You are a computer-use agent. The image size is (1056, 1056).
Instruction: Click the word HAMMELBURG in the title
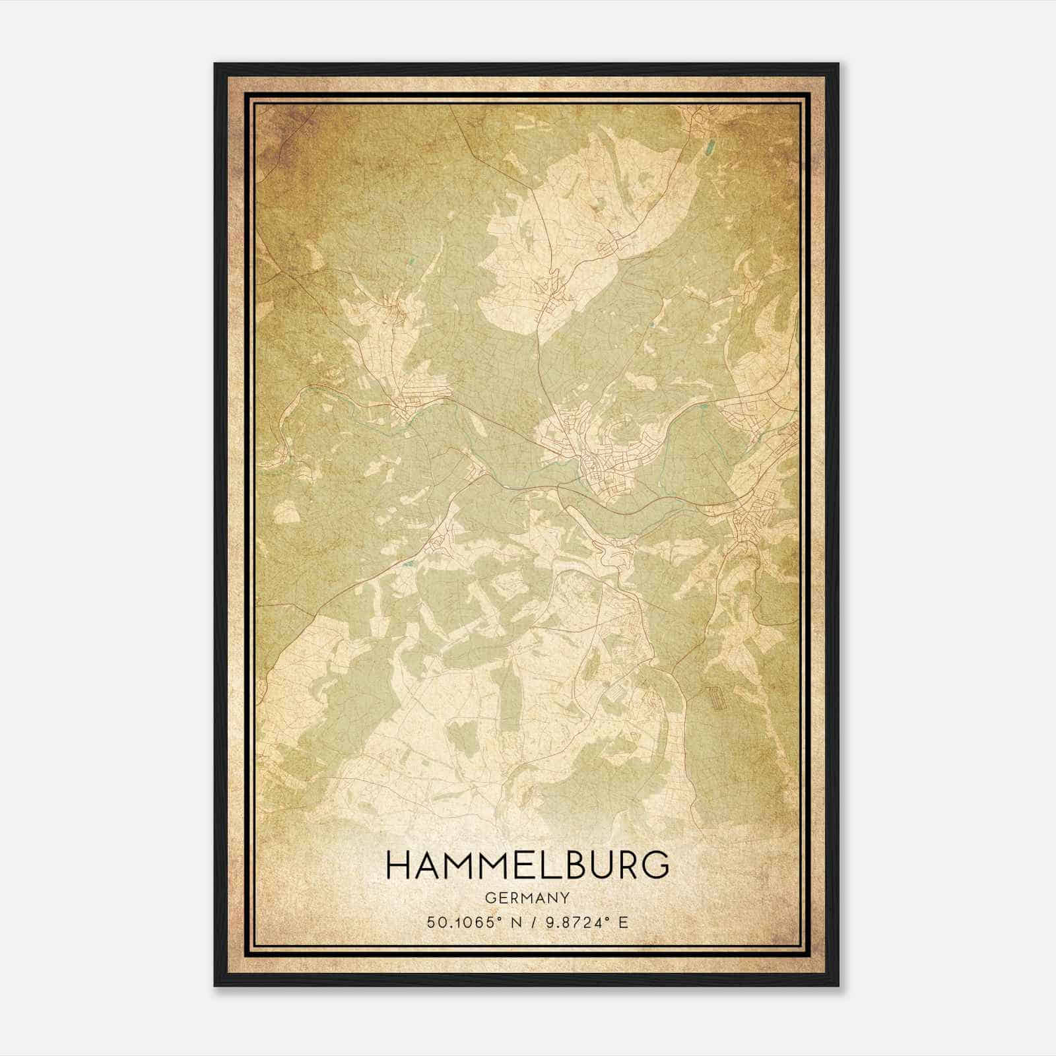(x=527, y=865)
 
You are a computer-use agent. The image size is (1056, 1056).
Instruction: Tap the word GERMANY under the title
(x=527, y=898)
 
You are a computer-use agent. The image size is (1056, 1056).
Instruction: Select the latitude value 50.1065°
(x=461, y=923)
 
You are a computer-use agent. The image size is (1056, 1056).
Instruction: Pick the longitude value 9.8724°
(x=573, y=923)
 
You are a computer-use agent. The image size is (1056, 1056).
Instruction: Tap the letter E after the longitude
(x=622, y=923)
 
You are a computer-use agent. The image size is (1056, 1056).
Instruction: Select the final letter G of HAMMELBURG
(x=656, y=865)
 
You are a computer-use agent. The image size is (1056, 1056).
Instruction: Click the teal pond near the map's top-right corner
(x=710, y=149)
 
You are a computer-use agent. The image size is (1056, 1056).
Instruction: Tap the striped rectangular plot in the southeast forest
(x=715, y=698)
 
